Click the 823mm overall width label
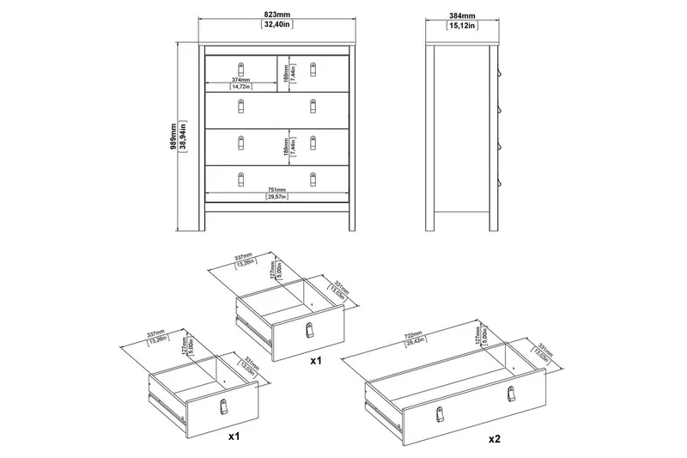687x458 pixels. (x=276, y=15)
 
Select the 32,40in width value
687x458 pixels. (x=276, y=26)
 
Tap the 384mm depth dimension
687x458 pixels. (x=465, y=15)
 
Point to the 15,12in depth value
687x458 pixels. (x=465, y=26)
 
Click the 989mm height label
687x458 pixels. (x=174, y=135)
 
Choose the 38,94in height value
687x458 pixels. (x=185, y=135)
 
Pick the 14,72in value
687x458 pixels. (x=240, y=86)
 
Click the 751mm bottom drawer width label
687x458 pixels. (x=277, y=189)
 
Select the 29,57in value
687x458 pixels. (x=277, y=198)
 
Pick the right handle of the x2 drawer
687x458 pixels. (x=512, y=393)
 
